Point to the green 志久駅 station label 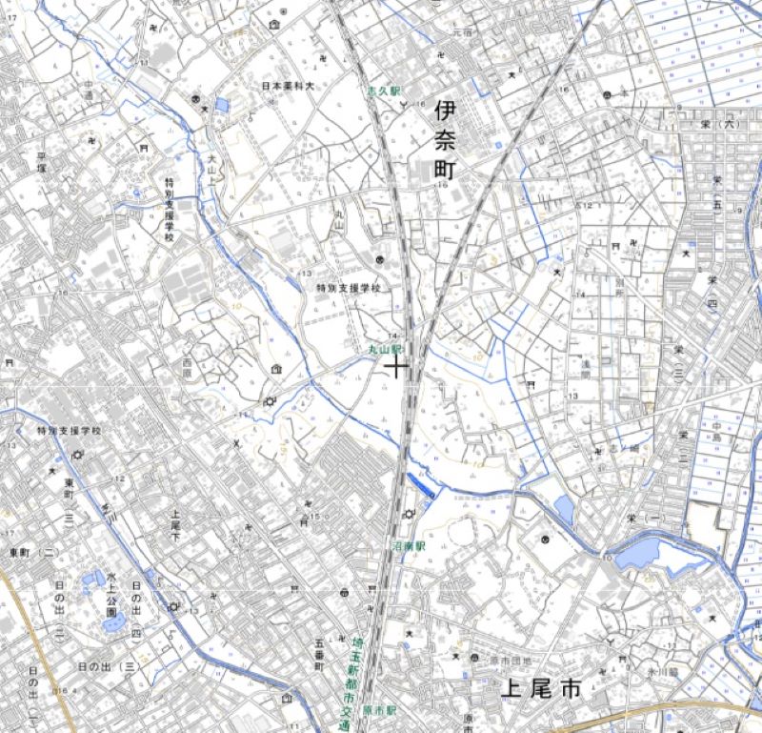pyautogui.click(x=385, y=91)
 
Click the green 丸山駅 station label pyautogui.click(x=387, y=350)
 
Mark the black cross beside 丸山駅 pyautogui.click(x=395, y=367)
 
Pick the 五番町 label pyautogui.click(x=319, y=653)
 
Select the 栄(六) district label pyautogui.click(x=730, y=124)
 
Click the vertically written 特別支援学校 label pyautogui.click(x=170, y=210)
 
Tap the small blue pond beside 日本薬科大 pyautogui.click(x=222, y=105)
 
